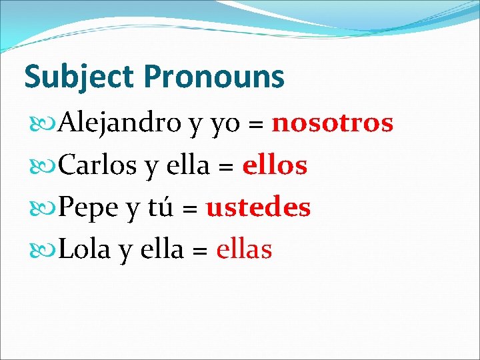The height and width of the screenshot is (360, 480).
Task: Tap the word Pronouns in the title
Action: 213,77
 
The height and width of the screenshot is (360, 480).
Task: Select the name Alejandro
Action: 121,123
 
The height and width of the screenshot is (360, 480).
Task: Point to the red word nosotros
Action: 333,123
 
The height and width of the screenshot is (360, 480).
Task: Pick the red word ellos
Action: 275,165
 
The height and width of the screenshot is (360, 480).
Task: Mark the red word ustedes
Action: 259,207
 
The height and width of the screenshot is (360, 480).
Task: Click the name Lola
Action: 86,249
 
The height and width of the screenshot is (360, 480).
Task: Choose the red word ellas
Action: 244,249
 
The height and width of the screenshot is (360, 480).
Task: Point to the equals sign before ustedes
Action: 189,209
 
